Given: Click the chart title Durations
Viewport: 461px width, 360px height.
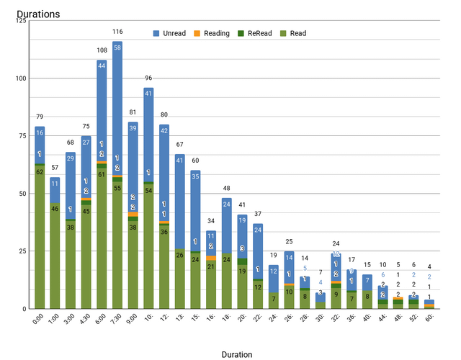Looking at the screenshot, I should coord(38,14).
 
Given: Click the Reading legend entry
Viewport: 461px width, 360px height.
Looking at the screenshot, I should coord(212,33).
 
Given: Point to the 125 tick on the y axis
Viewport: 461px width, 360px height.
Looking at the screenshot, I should coord(21,20).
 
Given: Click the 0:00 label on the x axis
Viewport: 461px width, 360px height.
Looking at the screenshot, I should coord(37,319).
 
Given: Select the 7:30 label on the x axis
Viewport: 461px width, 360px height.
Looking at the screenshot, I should coord(115,319).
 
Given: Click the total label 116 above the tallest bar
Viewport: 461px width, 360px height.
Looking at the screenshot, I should coord(117,32).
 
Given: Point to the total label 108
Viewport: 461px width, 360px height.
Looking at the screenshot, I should coord(102,50).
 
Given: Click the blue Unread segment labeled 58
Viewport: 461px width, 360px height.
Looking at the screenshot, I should coord(117,48).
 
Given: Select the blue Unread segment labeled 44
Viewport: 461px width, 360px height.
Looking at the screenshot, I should coord(102,66).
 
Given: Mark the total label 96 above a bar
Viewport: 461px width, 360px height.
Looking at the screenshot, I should coord(148,78).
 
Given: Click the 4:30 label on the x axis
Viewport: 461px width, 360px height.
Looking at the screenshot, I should coord(84,319).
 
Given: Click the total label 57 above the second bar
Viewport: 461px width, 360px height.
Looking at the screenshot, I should coord(55,168).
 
